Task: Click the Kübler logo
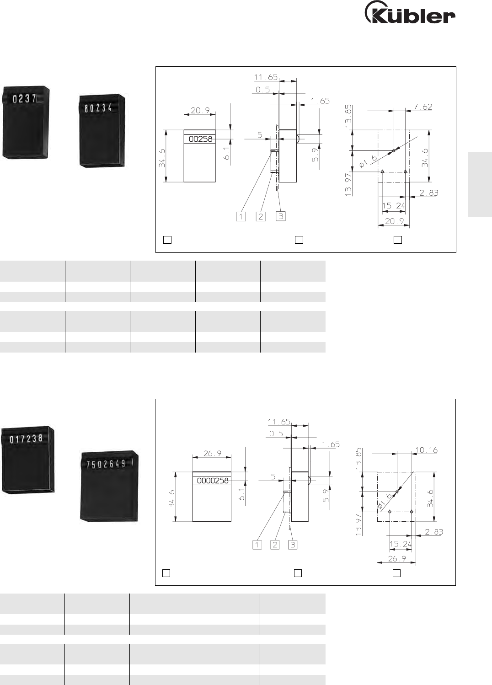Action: (x=410, y=12)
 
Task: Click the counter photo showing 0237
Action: (x=26, y=123)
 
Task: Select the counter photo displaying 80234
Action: (x=102, y=131)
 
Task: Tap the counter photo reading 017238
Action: (x=28, y=459)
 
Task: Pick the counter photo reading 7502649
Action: (x=109, y=486)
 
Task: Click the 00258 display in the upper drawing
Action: (x=201, y=139)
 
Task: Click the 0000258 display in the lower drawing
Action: (x=213, y=481)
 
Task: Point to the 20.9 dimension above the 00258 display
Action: (x=200, y=110)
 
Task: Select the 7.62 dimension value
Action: (x=423, y=107)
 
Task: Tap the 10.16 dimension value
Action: (x=426, y=450)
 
